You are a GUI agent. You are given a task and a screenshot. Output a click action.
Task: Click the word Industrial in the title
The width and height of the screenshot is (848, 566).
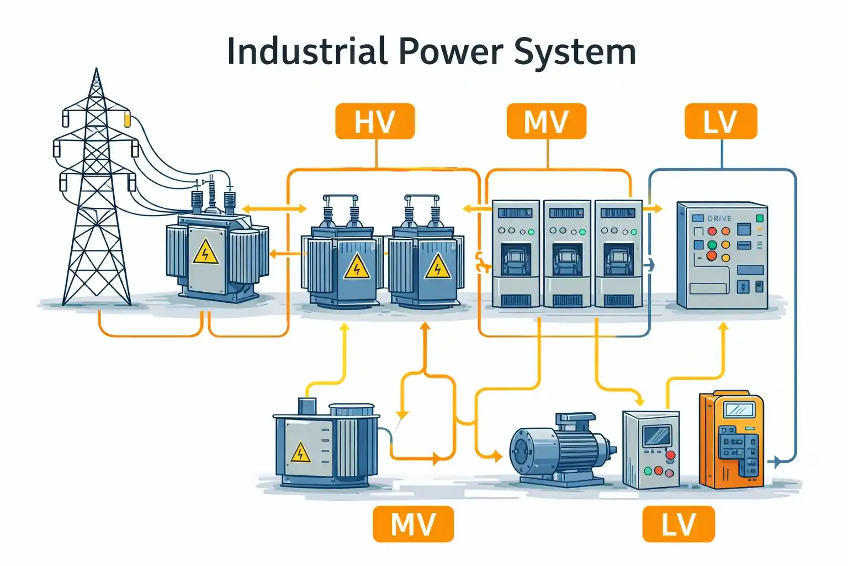click(308, 51)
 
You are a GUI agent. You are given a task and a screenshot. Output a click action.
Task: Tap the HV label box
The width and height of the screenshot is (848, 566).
click(375, 121)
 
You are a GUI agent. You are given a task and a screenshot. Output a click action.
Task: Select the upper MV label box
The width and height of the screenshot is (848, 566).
click(546, 121)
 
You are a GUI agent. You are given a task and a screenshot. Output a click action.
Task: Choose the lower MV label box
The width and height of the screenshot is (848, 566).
click(413, 523)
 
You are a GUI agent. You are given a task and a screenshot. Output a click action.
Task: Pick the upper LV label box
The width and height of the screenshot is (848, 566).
click(721, 121)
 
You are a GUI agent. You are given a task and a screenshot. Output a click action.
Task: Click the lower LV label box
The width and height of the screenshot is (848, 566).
click(679, 523)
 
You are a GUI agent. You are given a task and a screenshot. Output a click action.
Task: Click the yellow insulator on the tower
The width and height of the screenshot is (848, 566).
click(128, 120)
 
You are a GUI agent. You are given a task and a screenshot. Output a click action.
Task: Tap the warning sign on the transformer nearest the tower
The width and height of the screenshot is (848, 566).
click(205, 251)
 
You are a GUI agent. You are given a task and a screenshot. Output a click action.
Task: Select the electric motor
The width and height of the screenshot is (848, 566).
click(561, 450)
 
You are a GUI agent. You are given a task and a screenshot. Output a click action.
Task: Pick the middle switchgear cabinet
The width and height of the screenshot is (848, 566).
click(567, 254)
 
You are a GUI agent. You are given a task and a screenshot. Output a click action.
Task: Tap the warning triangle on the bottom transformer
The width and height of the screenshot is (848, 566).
click(300, 452)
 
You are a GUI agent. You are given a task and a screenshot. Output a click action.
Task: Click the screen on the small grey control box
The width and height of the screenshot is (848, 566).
click(658, 436)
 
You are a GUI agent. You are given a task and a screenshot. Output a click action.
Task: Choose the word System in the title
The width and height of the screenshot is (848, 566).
click(575, 53)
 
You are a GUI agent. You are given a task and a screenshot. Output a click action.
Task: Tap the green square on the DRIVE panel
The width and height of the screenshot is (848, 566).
click(760, 218)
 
